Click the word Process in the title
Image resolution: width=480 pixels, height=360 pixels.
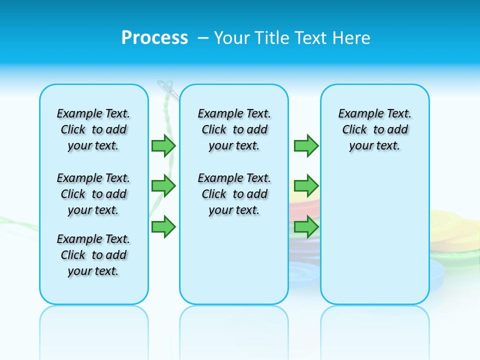(154, 38)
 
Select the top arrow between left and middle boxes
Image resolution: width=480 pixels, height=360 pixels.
(163, 145)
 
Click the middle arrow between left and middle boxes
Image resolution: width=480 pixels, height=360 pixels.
(163, 186)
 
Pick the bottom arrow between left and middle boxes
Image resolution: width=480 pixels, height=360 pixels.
(163, 226)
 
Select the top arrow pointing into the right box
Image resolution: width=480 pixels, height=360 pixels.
(306, 145)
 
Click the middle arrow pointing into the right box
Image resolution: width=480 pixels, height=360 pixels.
(306, 186)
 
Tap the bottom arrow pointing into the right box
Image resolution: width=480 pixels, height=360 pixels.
(306, 226)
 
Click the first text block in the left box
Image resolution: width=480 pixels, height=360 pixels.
(93, 129)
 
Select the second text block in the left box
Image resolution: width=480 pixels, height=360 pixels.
(93, 194)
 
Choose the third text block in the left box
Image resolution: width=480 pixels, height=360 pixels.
(93, 255)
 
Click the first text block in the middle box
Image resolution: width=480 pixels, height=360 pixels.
(234, 129)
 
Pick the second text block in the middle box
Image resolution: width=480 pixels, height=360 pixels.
(234, 194)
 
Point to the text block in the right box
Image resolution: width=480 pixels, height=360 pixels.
(374, 129)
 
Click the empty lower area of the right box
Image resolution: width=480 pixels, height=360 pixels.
(374, 240)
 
